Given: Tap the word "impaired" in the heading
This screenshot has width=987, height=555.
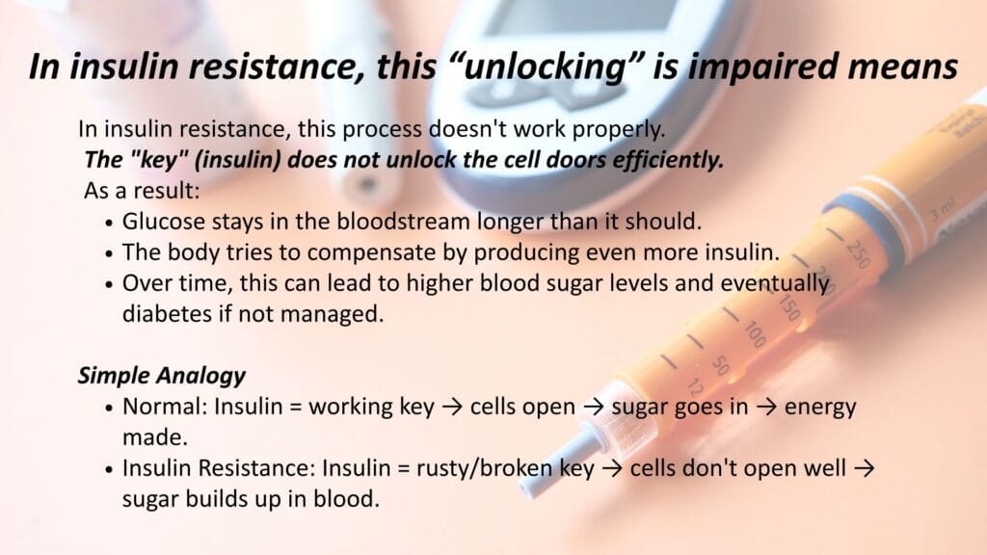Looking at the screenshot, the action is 760,66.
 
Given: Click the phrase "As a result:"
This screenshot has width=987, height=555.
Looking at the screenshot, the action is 142,190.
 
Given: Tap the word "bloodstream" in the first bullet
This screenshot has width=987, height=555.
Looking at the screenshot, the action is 403,222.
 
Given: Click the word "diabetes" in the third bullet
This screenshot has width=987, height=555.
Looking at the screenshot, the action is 166,313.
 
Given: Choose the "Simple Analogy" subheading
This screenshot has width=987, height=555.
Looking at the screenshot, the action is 162,376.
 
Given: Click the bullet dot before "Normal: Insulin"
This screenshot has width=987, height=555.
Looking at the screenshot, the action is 110,408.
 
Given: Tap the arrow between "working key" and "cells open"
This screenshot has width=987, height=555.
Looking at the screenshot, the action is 452,408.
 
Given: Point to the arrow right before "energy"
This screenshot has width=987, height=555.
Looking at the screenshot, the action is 766,408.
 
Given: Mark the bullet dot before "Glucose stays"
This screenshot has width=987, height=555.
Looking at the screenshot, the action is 110,223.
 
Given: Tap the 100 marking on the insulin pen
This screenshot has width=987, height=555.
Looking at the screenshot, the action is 755,333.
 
